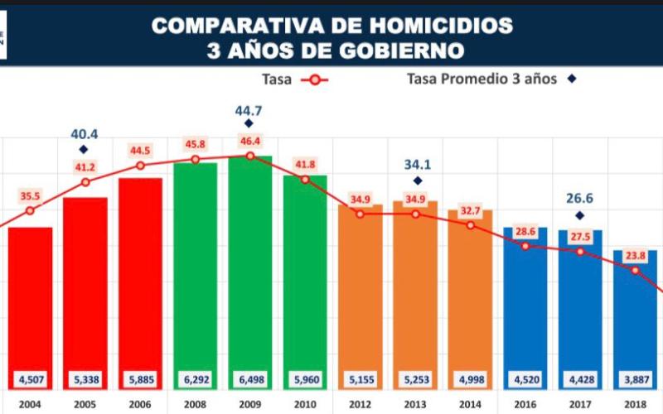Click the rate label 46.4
coord(249,142)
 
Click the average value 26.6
coord(579,200)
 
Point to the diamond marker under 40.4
coord(85,149)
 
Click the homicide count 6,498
coord(249,382)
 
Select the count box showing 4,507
coord(31,382)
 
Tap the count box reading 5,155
coord(360,382)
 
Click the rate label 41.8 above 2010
coord(305,165)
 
